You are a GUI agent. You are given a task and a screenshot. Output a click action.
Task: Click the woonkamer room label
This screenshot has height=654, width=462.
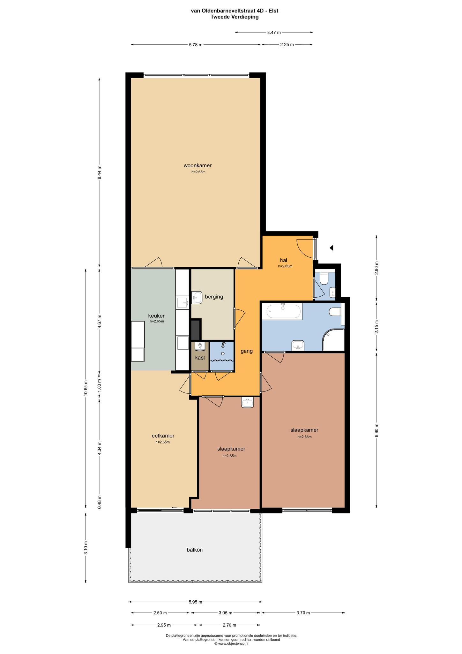(197, 165)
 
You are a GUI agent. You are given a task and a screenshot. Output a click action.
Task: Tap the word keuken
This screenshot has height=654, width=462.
(157, 316)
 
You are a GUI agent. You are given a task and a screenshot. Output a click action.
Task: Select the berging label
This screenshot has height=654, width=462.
(214, 297)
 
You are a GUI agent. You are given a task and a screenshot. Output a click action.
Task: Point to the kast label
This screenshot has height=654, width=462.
(200, 358)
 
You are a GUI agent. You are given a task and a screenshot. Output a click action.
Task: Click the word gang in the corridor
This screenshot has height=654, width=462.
(247, 351)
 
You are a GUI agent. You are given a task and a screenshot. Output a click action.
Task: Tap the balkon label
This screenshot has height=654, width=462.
(195, 550)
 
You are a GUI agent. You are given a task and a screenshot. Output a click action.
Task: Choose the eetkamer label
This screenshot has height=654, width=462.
(163, 436)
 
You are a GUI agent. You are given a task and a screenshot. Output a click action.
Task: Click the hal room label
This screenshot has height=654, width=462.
(284, 260)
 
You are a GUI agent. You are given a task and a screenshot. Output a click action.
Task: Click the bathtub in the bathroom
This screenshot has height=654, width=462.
(284, 311)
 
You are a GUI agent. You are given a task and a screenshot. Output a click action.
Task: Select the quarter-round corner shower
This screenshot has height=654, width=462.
(333, 340)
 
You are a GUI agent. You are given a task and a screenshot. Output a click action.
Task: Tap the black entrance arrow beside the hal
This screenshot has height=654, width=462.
(332, 248)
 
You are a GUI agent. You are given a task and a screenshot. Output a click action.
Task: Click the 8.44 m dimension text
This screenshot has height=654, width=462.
(99, 172)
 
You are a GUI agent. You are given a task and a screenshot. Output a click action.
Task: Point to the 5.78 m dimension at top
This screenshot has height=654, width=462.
(196, 45)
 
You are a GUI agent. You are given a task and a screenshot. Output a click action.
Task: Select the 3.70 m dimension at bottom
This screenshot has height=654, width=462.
(303, 613)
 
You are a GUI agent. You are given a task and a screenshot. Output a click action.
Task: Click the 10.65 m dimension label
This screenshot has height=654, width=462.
(86, 388)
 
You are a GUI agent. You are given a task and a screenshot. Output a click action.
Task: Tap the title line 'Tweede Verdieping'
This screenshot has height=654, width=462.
(235, 17)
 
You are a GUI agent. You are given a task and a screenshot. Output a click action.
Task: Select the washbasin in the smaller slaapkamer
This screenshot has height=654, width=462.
(248, 403)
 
